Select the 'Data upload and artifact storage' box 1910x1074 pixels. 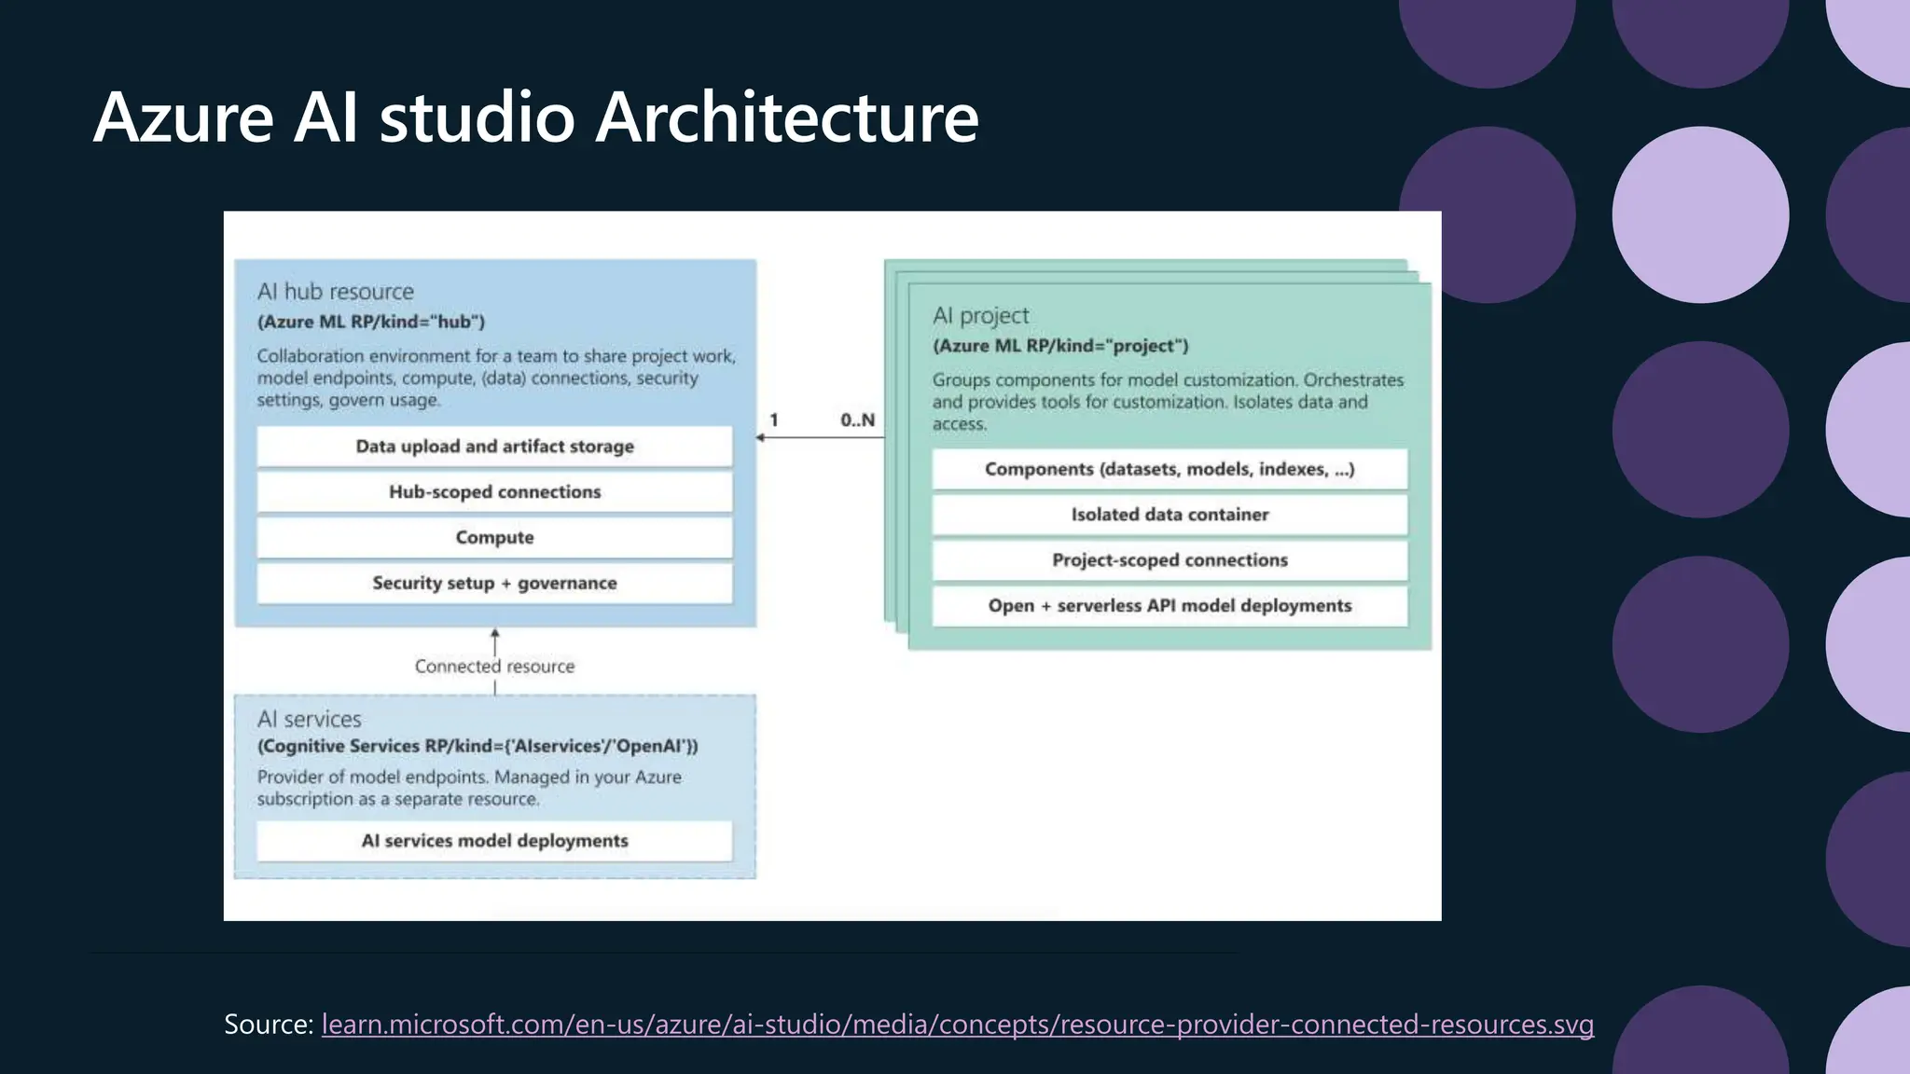coord(494,447)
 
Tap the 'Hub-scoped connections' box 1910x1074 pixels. coord(494,492)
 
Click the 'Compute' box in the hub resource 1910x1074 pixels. coord(494,538)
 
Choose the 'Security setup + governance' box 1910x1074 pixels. coord(494,584)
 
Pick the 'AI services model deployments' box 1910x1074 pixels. coord(494,841)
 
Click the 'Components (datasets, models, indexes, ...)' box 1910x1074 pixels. coord(1170,470)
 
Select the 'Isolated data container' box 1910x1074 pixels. coord(1170,515)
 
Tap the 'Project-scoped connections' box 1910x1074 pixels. coord(1170,560)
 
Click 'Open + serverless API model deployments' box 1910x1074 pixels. coord(1170,606)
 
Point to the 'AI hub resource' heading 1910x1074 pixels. coord(335,292)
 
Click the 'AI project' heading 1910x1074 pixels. coord(980,316)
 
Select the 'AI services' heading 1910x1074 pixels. coord(309,720)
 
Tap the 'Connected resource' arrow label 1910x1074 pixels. coord(494,667)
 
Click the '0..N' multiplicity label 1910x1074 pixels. coord(857,420)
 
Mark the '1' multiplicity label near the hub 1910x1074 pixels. coord(774,420)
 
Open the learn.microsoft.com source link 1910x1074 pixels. coord(957,1025)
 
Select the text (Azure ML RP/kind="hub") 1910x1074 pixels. coord(371,323)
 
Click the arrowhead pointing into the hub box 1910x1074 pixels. coord(761,437)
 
